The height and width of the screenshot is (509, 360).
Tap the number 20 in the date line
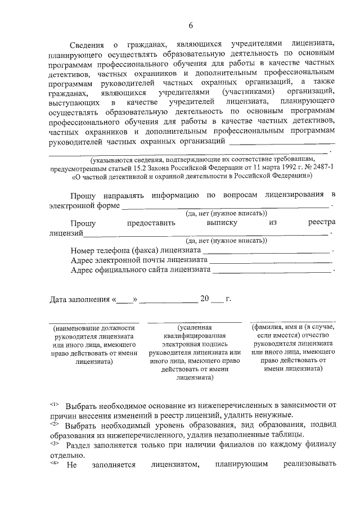coord(205,299)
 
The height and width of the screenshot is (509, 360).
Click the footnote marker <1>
coord(55,404)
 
